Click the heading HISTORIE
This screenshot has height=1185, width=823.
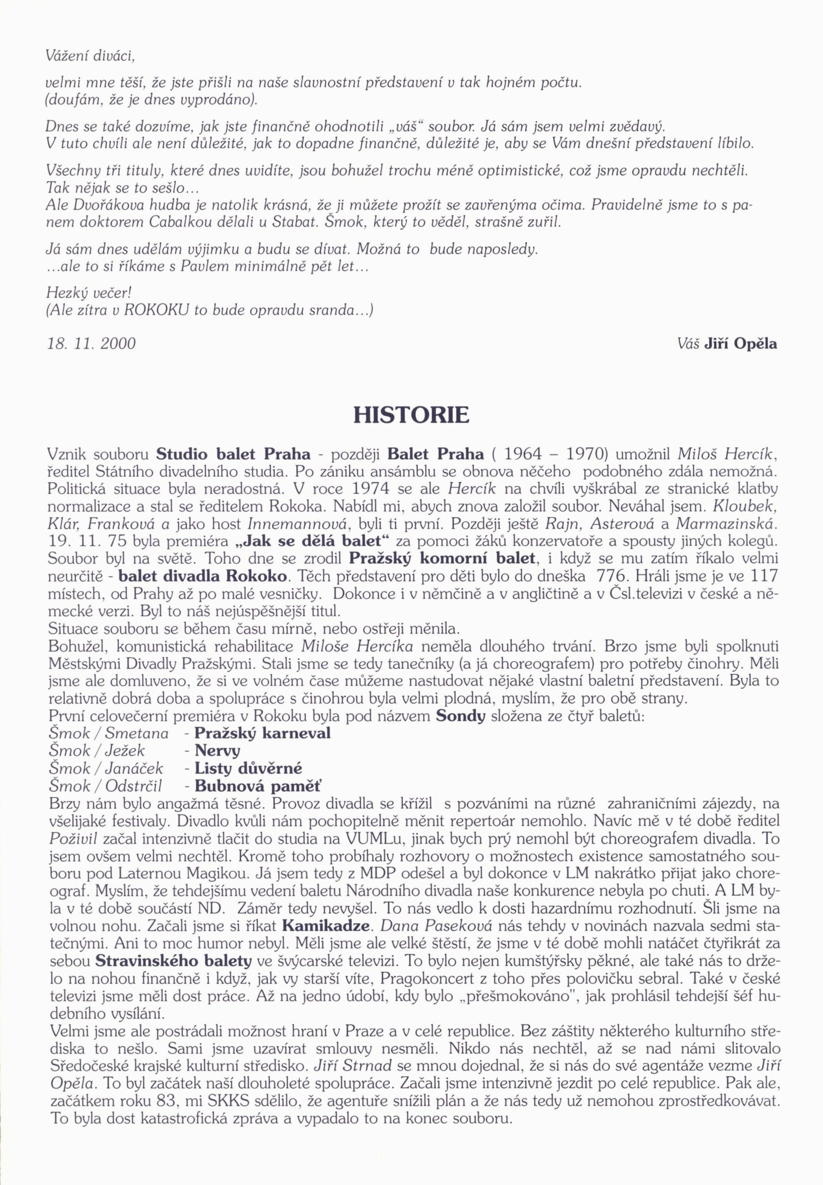[411, 415]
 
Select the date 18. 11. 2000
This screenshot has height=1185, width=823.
[91, 343]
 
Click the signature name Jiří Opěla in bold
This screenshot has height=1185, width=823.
[740, 343]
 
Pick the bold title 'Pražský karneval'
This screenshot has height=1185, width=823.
[262, 733]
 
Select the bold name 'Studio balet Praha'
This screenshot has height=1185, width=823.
[233, 455]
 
